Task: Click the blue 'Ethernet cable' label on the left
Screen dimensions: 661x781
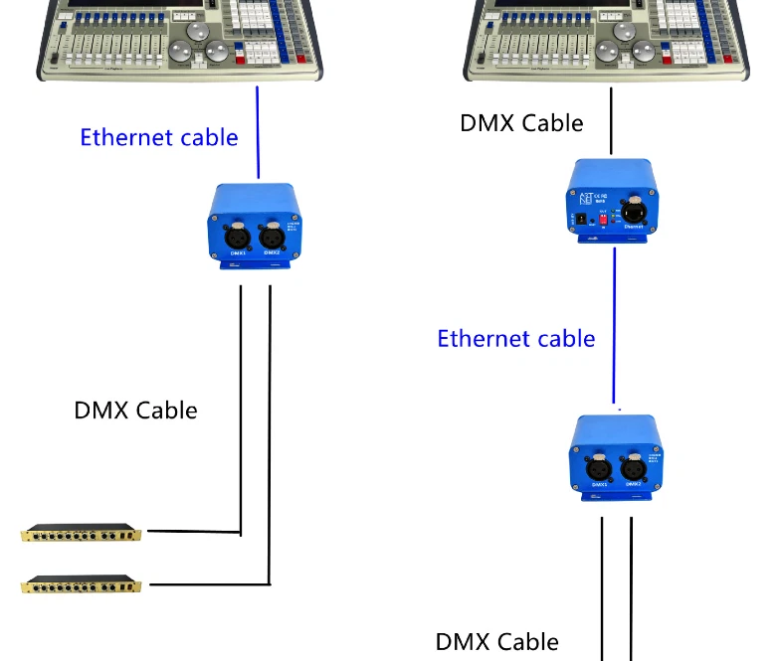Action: (x=159, y=137)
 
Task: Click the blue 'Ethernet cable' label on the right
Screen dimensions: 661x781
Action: (x=515, y=338)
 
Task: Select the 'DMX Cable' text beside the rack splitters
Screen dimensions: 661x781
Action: (x=135, y=410)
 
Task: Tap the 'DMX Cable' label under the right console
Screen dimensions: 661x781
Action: (x=521, y=123)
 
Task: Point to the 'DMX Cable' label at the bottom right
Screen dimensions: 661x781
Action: (x=496, y=641)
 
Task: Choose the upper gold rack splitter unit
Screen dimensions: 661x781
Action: (x=82, y=534)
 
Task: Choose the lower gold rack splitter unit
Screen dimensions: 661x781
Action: (x=82, y=584)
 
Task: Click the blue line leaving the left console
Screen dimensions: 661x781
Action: (x=258, y=129)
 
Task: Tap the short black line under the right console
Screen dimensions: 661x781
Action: (x=611, y=119)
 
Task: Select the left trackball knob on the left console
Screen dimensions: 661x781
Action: (x=180, y=53)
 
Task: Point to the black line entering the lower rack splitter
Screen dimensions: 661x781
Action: (x=204, y=583)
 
